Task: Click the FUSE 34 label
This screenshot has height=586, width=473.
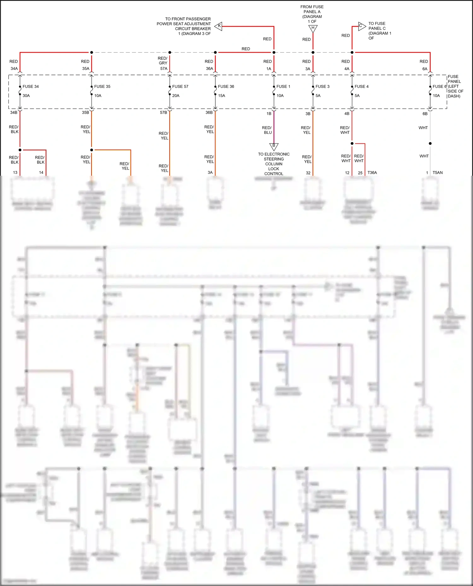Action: click(31, 87)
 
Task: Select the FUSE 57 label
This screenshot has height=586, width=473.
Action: click(180, 87)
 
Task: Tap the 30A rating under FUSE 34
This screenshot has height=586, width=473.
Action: click(26, 96)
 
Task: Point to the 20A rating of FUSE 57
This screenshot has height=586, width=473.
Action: click(176, 96)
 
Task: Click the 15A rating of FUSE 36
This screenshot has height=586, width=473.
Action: click(221, 96)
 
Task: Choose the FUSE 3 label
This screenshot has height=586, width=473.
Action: click(322, 87)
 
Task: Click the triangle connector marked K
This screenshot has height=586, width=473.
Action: click(219, 26)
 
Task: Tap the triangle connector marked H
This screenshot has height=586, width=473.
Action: click(313, 28)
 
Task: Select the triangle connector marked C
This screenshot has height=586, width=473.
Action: click(361, 26)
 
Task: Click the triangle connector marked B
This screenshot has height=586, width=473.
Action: click(274, 146)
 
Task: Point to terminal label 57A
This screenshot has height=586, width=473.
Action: click(164, 69)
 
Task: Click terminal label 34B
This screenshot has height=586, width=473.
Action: click(14, 112)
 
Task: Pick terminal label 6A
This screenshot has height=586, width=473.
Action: click(425, 69)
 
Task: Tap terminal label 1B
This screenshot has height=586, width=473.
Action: click(269, 114)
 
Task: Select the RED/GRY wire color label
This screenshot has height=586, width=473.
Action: click(163, 61)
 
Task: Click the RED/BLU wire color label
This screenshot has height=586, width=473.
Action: click(267, 130)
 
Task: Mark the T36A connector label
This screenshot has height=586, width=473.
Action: click(372, 173)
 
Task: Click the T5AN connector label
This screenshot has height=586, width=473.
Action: click(437, 173)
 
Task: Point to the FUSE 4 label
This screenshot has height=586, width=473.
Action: click(361, 87)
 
